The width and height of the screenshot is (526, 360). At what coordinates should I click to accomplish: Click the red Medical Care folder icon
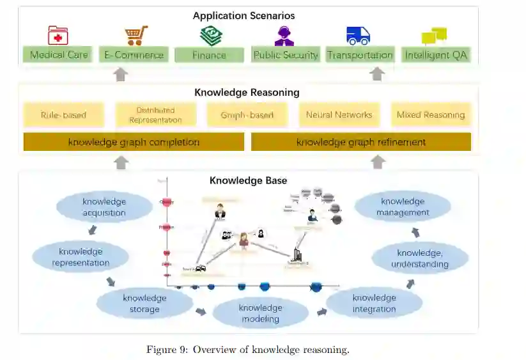[x=58, y=35]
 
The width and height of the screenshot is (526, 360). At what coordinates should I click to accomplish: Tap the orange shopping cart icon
[x=136, y=35]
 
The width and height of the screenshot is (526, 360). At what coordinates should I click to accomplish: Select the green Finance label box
[x=209, y=55]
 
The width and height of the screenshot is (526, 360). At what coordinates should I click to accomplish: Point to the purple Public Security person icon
[x=284, y=35]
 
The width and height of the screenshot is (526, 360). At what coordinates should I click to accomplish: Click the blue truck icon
[x=358, y=35]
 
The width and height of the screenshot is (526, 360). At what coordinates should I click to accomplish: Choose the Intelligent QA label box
[x=436, y=55]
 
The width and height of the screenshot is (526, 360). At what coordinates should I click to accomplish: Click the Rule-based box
[x=63, y=115]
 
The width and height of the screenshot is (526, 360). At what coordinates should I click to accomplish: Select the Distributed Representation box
[x=155, y=115]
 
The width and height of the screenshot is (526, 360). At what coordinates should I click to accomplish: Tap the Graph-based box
[x=247, y=115]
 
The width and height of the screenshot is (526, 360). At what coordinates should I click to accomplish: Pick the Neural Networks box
[x=339, y=115]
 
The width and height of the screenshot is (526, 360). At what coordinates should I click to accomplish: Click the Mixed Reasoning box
[x=431, y=115]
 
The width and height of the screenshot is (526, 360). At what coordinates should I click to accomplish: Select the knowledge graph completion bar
[x=134, y=142]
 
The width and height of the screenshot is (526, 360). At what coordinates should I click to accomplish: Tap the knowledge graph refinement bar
[x=361, y=142]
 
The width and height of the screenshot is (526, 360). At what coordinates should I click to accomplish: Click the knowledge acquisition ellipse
[x=104, y=207]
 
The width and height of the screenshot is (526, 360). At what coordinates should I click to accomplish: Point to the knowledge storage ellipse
[x=144, y=304]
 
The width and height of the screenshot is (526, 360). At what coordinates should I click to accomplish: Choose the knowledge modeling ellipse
[x=260, y=313]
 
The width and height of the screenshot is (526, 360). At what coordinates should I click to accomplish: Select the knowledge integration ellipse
[x=374, y=303]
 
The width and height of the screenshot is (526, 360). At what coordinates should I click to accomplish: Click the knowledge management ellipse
[x=403, y=207]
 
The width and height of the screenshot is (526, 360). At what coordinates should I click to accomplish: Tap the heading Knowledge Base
[x=248, y=181]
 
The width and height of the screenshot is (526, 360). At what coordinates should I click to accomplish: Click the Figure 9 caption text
[x=248, y=349]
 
